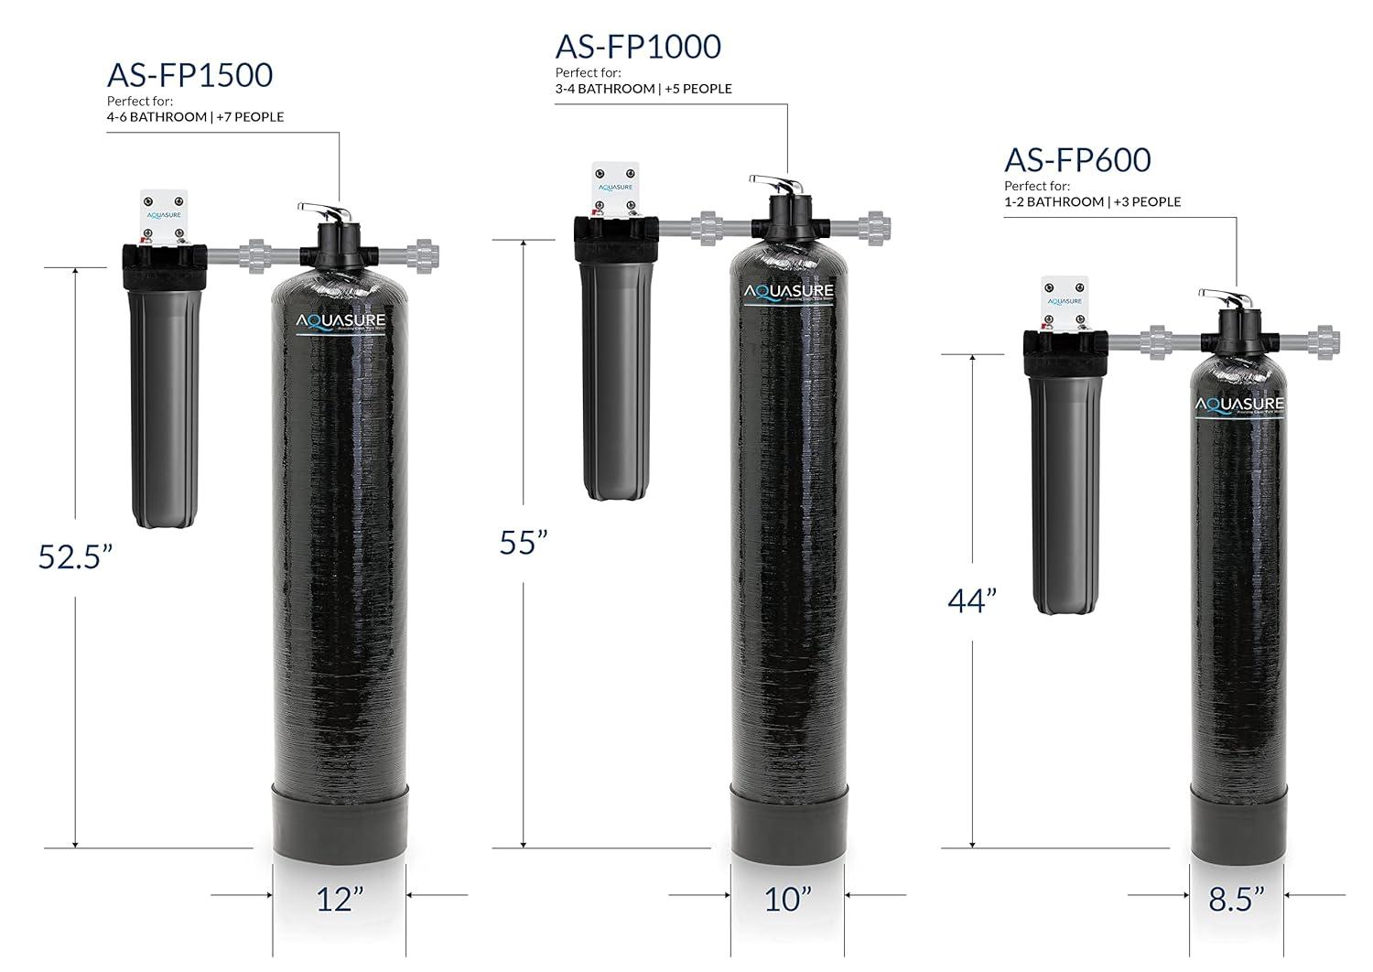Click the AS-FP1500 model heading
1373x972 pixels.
click(189, 75)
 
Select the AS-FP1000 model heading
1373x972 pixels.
click(637, 47)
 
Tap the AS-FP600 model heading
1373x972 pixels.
click(1076, 160)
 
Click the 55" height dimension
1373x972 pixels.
click(523, 542)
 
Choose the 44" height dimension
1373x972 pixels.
click(971, 601)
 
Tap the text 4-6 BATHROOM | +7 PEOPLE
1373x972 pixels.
click(195, 117)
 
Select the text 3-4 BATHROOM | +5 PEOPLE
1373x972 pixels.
click(643, 89)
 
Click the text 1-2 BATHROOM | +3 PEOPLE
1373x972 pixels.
click(1092, 201)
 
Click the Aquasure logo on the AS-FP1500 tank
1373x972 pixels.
click(341, 322)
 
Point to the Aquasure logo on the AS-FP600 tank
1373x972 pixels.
click(1238, 405)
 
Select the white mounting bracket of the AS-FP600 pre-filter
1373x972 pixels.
click(1064, 302)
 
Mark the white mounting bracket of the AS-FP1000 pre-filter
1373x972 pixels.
click(615, 189)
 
